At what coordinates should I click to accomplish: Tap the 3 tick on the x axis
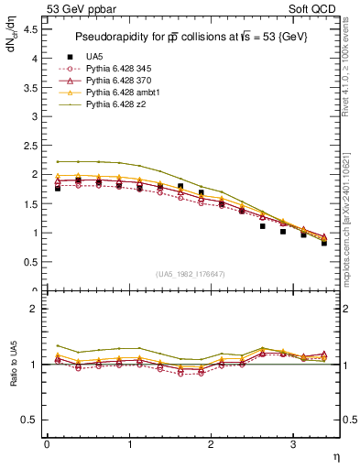[292, 443]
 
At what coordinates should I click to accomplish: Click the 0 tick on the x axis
[47, 443]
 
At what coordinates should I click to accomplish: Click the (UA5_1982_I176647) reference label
[192, 275]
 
